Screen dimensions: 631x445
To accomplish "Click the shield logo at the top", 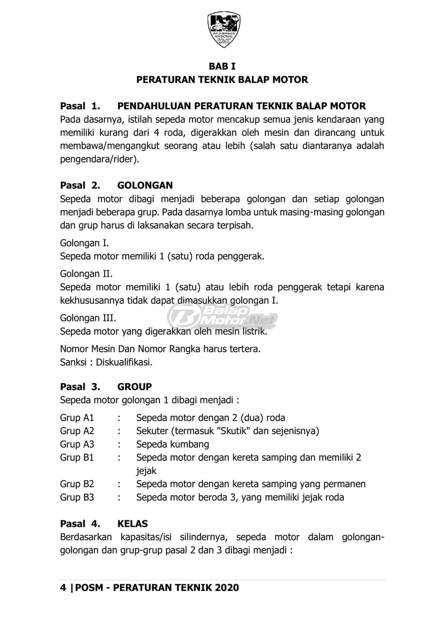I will [224, 29].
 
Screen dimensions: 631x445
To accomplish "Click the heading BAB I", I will [222, 66].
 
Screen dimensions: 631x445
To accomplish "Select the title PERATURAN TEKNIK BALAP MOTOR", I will [222, 80].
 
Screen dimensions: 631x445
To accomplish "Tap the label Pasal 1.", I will [80, 106].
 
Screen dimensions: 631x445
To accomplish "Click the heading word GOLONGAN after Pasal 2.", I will [145, 185].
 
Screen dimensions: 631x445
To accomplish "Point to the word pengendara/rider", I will [99, 159].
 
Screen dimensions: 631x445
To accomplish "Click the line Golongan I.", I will [85, 243].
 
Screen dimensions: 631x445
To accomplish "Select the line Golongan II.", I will [86, 274].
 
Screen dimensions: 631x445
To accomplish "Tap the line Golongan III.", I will [88, 318].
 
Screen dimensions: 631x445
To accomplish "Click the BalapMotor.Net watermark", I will [222, 316].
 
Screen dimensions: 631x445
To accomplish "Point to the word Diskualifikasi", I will [124, 362].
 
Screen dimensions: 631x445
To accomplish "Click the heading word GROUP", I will [135, 387].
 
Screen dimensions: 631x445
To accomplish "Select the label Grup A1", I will [77, 418].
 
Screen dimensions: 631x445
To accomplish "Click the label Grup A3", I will [77, 444].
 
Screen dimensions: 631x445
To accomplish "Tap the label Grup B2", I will [77, 484].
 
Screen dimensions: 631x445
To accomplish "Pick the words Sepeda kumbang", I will [172, 444].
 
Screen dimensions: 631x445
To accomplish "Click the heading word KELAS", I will [132, 524].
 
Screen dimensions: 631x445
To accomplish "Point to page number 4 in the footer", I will [63, 588].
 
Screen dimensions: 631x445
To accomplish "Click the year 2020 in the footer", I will [226, 588].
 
